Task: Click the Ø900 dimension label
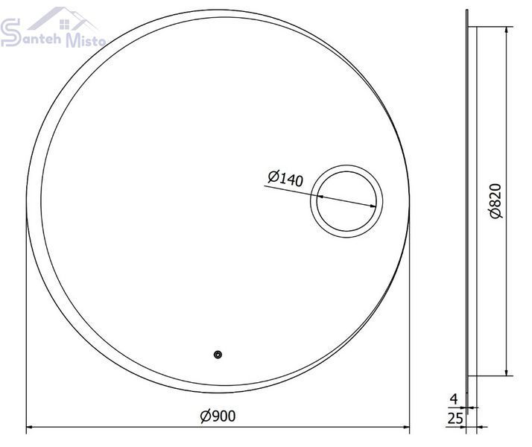click(x=218, y=416)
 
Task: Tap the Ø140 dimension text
click(x=285, y=178)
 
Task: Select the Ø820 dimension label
click(x=495, y=201)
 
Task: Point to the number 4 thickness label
click(x=454, y=399)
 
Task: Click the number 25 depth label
click(x=455, y=419)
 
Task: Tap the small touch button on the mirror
click(x=218, y=355)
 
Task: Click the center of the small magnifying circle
click(x=346, y=201)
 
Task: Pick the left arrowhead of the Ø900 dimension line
click(x=31, y=427)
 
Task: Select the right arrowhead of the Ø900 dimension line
click(x=405, y=427)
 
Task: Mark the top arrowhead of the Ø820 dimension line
click(x=506, y=31)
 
